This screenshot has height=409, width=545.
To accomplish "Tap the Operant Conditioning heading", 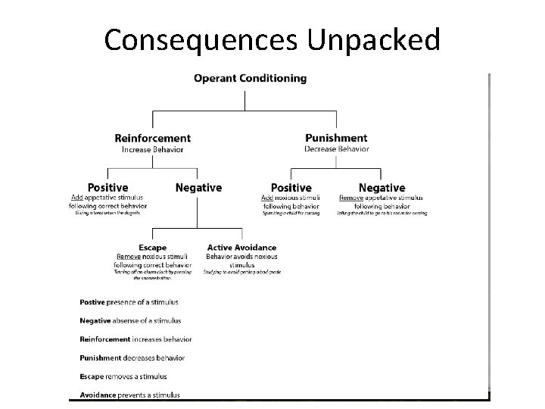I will [x=250, y=78].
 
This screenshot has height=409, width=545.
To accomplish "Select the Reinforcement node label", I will [x=152, y=139].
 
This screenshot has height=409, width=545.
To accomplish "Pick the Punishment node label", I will [x=336, y=138].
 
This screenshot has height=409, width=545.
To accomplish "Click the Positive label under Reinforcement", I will [x=107, y=187].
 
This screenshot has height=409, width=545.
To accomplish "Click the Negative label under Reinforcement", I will [x=198, y=187].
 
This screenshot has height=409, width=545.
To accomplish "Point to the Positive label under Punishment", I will [x=291, y=187].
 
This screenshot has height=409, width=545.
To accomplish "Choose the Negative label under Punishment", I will [x=381, y=187].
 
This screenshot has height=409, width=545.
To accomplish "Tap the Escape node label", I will [x=152, y=248].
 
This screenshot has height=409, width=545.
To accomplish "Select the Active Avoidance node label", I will [x=241, y=248].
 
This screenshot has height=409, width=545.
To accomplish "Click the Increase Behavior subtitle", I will [x=152, y=149].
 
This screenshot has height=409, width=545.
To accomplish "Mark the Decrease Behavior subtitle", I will [x=336, y=149].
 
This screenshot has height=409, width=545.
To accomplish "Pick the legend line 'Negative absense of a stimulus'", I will [x=130, y=321].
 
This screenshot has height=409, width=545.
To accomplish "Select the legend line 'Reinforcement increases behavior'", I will [x=135, y=339].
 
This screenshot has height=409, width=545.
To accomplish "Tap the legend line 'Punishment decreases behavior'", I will [x=132, y=357].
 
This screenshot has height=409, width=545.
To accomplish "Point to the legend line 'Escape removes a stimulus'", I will [x=123, y=376].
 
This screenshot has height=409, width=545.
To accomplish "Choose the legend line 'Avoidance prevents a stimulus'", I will [x=130, y=395].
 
